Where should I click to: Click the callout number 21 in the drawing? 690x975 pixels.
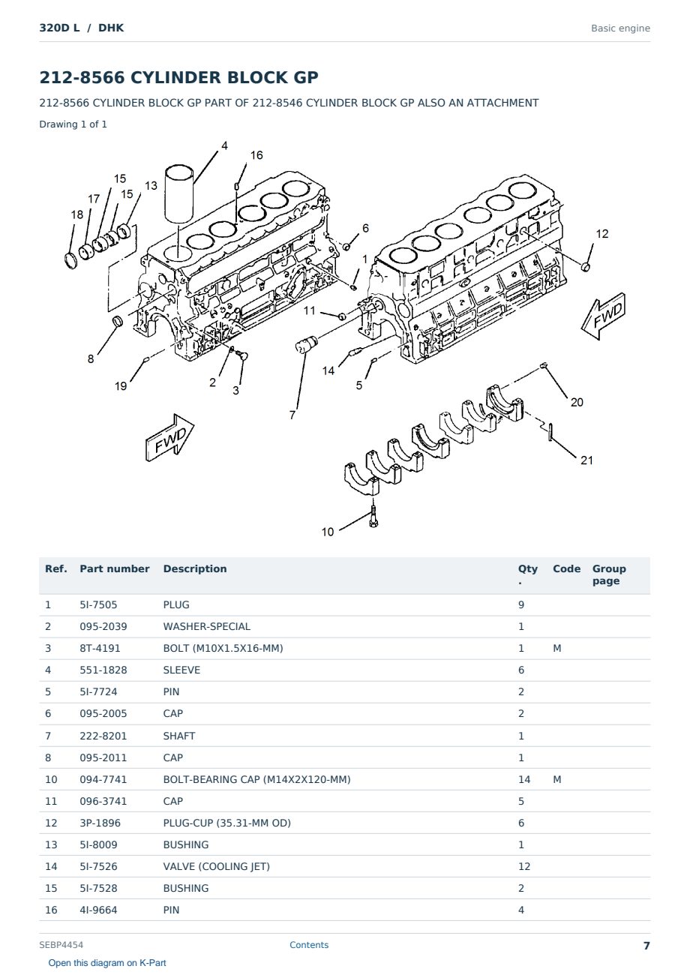pyautogui.click(x=586, y=460)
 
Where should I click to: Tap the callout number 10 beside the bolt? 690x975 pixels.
pyautogui.click(x=327, y=532)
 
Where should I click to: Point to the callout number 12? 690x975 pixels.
pyautogui.click(x=601, y=234)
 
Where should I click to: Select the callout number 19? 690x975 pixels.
pyautogui.click(x=121, y=386)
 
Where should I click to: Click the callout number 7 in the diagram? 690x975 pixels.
pyautogui.click(x=292, y=415)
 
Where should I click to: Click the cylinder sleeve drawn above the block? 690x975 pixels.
pyautogui.click(x=179, y=194)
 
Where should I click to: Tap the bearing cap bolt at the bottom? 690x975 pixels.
pyautogui.click(x=373, y=516)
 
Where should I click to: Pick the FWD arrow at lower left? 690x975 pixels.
pyautogui.click(x=169, y=438)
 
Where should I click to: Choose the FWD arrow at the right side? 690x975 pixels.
pyautogui.click(x=604, y=316)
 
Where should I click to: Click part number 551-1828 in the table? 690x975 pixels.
pyautogui.click(x=103, y=670)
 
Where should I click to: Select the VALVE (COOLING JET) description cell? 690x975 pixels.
pyautogui.click(x=216, y=866)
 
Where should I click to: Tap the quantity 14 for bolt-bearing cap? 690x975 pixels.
pyautogui.click(x=524, y=779)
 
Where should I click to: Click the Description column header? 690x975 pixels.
pyautogui.click(x=194, y=568)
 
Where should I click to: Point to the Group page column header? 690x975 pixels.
pyautogui.click(x=609, y=574)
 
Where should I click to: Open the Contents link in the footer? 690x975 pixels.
pyautogui.click(x=309, y=944)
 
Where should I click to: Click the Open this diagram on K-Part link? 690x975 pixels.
pyautogui.click(x=107, y=963)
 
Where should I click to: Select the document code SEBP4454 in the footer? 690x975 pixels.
pyautogui.click(x=61, y=944)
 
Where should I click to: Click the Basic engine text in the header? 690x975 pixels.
pyautogui.click(x=620, y=28)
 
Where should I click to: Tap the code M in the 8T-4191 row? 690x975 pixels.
pyautogui.click(x=556, y=648)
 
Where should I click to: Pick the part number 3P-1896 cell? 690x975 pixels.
pyautogui.click(x=100, y=823)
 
